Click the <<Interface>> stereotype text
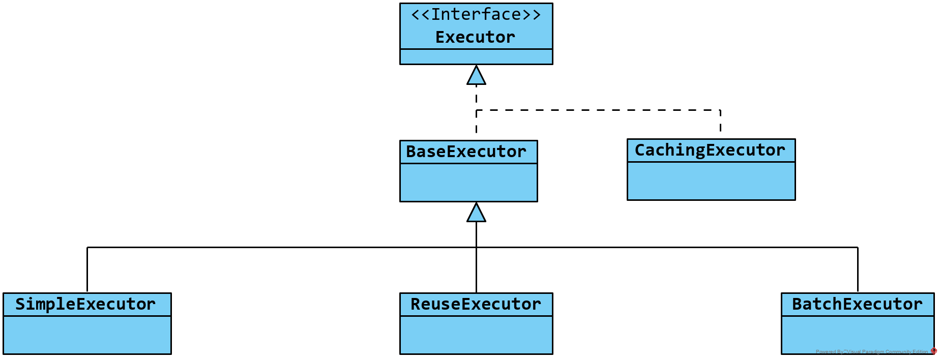[476, 15]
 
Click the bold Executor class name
[476, 37]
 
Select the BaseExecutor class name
[466, 152]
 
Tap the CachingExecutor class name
[710, 150]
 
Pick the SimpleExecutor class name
[85, 304]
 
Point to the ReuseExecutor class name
[476, 304]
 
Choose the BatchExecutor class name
[857, 304]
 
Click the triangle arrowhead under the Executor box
[476, 76]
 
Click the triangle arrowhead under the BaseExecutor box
[476, 213]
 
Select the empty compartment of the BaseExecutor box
[468, 182]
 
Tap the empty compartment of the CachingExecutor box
[711, 181]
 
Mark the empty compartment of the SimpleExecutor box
[87, 335]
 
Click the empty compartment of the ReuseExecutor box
[476, 335]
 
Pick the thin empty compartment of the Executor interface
[476, 56]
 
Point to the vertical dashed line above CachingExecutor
[720, 121]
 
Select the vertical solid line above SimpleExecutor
[87, 269]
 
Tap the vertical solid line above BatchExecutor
[858, 269]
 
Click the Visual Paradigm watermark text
[872, 351]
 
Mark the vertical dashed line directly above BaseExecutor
[476, 122]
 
